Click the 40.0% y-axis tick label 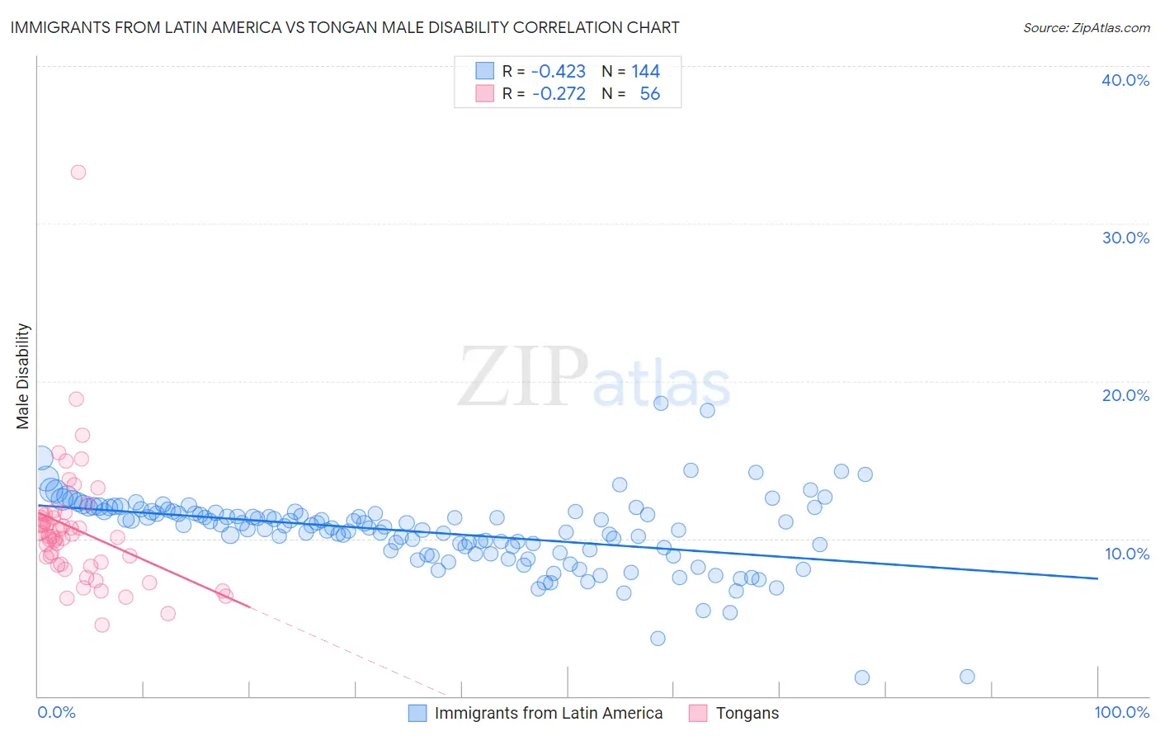1125,80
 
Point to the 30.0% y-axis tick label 1125,238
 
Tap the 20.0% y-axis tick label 1125,395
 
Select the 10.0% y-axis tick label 1127,554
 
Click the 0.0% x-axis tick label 56,713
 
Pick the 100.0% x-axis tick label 1121,713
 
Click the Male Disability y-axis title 23,375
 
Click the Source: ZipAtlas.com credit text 1086,27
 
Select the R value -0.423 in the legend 558,72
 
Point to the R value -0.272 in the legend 558,94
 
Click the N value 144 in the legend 646,72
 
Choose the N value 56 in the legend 650,94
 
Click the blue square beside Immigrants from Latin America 417,713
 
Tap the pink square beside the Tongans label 698,713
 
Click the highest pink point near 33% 78,172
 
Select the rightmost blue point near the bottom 968,677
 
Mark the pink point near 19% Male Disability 76,399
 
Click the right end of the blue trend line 1097,578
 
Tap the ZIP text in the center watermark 523,377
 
